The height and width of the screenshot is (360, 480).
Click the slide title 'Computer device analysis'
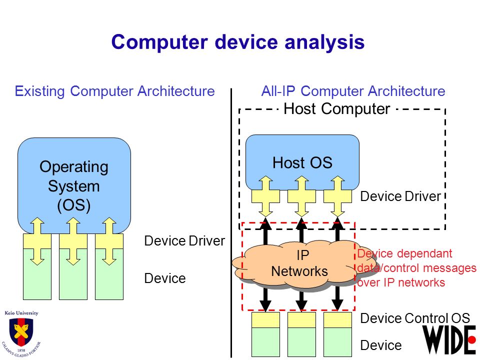point(238,42)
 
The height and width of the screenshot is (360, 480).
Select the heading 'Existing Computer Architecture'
point(115,91)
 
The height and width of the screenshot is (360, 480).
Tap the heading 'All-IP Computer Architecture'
point(353,91)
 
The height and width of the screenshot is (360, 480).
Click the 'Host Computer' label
point(336,108)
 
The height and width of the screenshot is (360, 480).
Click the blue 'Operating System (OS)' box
point(74,183)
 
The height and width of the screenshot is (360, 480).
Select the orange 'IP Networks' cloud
point(301,264)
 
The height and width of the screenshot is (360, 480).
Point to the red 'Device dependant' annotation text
point(404,253)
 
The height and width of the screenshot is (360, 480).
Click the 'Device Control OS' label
point(415,318)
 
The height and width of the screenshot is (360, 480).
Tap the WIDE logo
point(449,340)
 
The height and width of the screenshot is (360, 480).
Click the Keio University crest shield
point(21,332)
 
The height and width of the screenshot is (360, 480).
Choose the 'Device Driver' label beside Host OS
point(400,196)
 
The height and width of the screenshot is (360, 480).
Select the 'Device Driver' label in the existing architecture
point(184,241)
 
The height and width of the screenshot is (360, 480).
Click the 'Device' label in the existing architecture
point(165,278)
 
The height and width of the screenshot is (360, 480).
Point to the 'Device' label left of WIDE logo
point(381,345)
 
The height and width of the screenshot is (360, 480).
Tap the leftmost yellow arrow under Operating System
point(37,241)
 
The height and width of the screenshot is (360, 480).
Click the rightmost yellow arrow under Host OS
point(337,196)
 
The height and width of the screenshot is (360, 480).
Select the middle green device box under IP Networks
point(301,342)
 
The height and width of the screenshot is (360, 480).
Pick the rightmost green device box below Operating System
point(109,274)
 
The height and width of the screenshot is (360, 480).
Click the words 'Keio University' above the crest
point(21,313)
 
